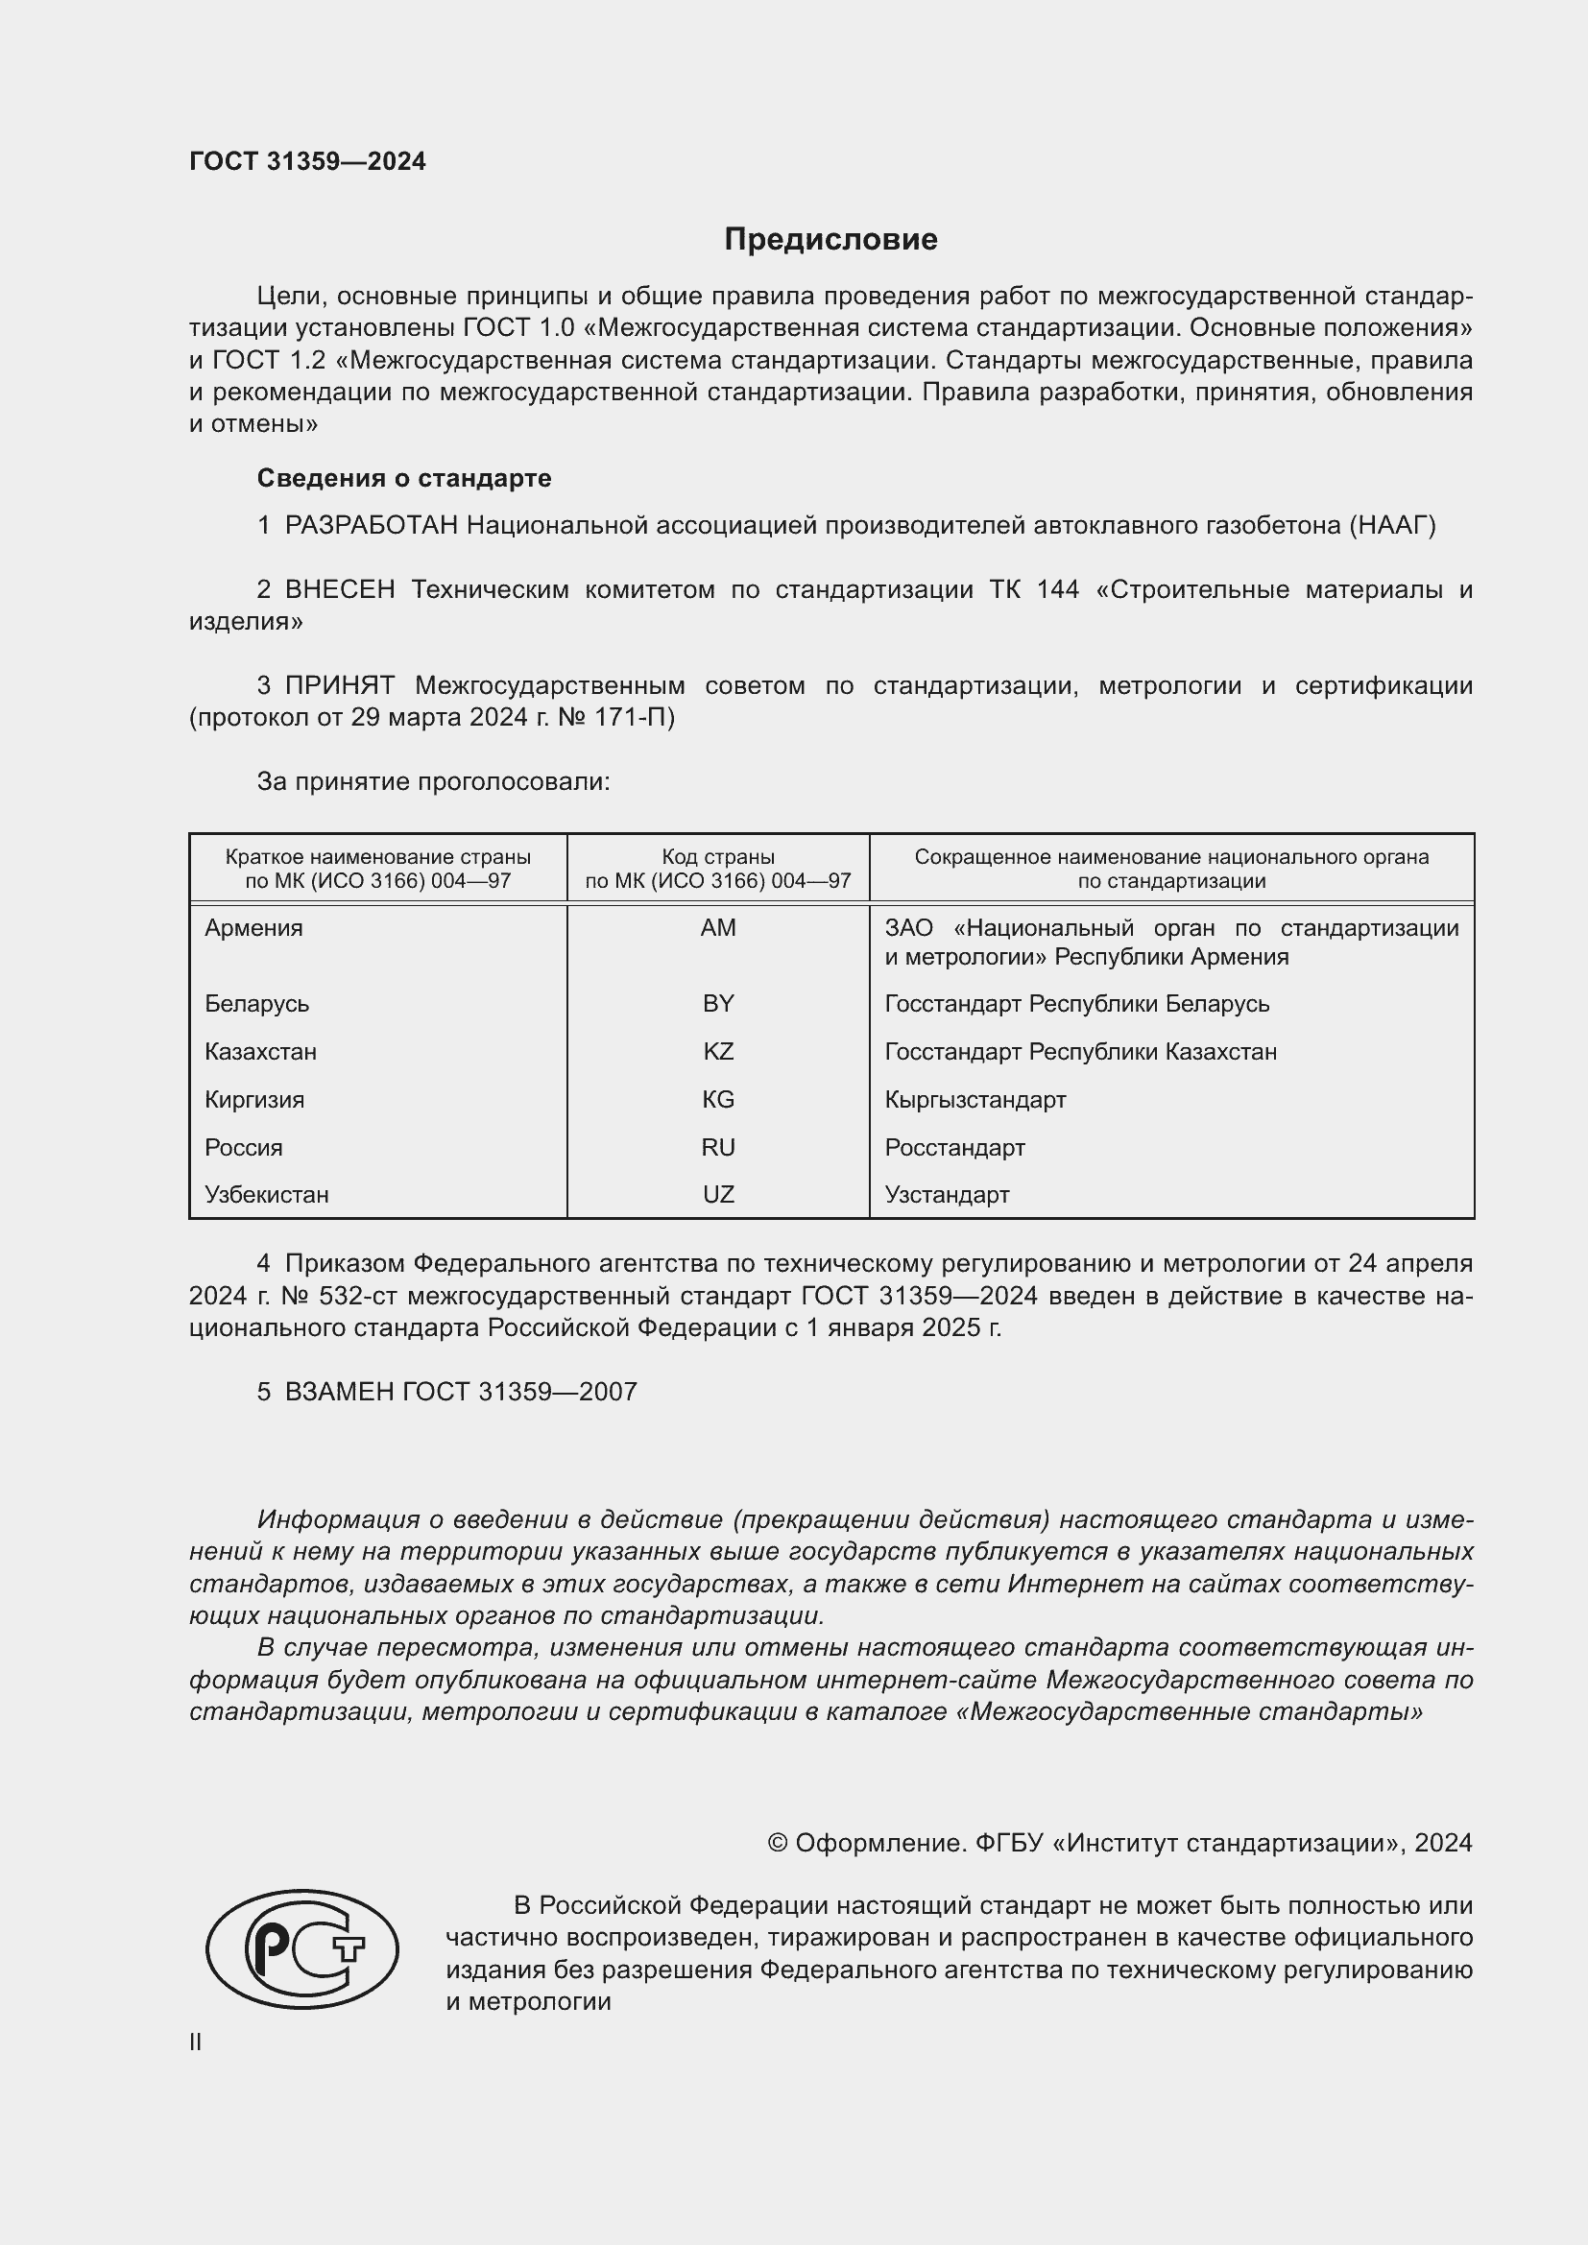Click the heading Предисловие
click(830, 240)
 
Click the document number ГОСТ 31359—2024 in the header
click(307, 161)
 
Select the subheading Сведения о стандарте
click(404, 478)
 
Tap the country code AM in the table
click(718, 928)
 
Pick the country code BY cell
click(718, 1004)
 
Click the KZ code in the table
click(718, 1052)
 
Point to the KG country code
click(718, 1100)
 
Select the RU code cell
click(718, 1148)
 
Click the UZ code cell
click(718, 1195)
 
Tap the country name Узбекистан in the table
click(266, 1195)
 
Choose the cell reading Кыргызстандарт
click(974, 1100)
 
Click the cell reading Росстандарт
click(954, 1148)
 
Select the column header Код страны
click(718, 857)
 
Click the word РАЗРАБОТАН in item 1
click(372, 526)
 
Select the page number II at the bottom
click(196, 2042)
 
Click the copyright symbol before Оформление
click(778, 1843)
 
